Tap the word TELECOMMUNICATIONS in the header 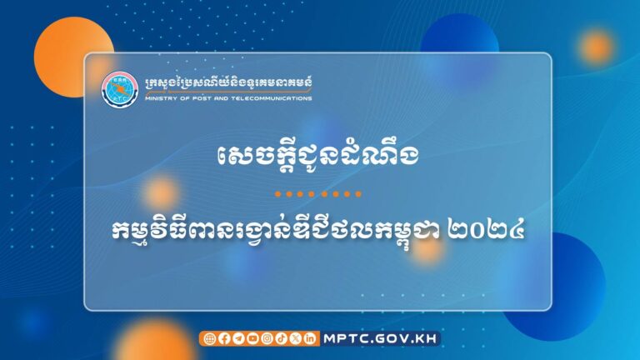click(x=273, y=98)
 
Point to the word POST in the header click(x=199, y=98)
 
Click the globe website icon click(x=209, y=338)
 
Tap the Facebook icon click(x=223, y=338)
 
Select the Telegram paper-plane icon click(x=237, y=338)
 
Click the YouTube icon click(x=252, y=338)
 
